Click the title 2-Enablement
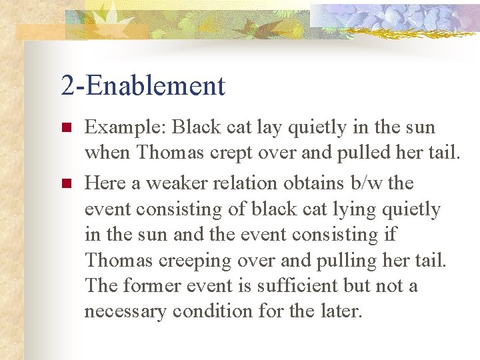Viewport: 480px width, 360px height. pos(143,85)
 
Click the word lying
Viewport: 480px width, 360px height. pos(359,209)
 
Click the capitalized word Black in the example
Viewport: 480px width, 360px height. pos(201,127)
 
